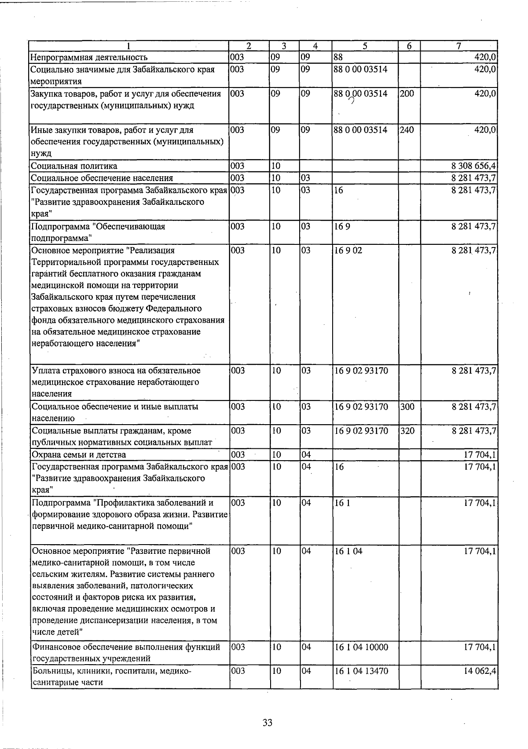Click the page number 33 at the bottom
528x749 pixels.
[x=268, y=722]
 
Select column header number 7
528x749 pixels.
[x=458, y=46]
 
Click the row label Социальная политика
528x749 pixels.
[x=74, y=166]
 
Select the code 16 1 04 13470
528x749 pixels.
[x=362, y=671]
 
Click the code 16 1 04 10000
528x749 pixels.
[x=362, y=647]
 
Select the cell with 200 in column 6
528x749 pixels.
[x=407, y=93]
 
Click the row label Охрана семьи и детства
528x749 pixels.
[x=78, y=454]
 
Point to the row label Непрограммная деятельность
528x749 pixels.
[x=88, y=57]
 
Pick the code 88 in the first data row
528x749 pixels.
[x=338, y=57]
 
